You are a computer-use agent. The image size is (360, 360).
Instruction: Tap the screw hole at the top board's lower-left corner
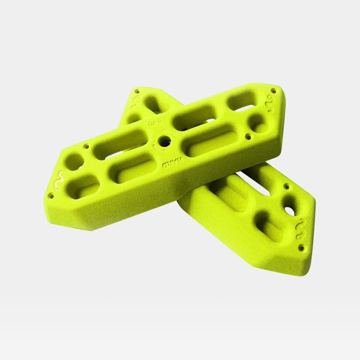pyautogui.click(x=51, y=195)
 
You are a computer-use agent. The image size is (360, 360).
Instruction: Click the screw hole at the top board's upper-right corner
pyautogui.click(x=274, y=91)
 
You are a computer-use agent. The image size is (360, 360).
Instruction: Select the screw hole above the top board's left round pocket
pyautogui.click(x=86, y=146)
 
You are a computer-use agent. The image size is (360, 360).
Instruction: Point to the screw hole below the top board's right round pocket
pyautogui.click(x=249, y=136)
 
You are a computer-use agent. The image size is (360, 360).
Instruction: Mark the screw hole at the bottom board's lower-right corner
pyautogui.click(x=301, y=248)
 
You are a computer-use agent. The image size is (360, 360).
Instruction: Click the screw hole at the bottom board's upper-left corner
pyautogui.click(x=137, y=92)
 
